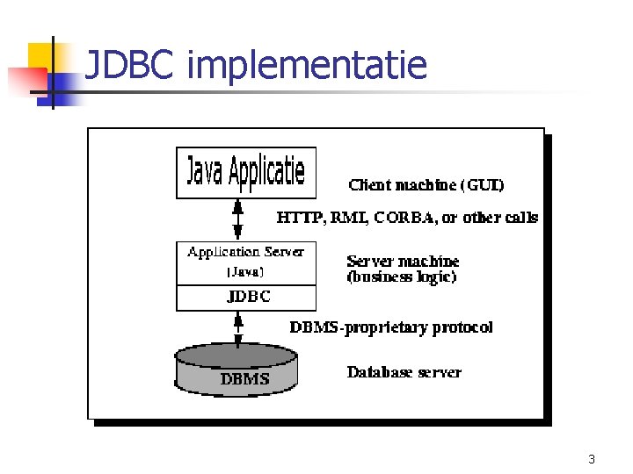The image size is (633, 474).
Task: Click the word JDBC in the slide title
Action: coord(132,65)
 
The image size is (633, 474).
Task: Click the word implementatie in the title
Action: coord(307,67)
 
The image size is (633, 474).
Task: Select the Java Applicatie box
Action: coord(245,172)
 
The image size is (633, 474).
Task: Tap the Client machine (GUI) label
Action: coord(426,185)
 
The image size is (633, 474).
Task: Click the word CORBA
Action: coord(404,217)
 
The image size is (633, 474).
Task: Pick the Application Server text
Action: coord(245,252)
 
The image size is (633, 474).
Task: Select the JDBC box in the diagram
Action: coord(248,297)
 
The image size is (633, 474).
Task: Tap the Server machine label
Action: coord(403,261)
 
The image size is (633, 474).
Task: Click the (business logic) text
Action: coord(402,276)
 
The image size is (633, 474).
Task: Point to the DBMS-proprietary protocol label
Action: coord(391,327)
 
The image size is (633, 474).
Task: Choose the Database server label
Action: coord(404,372)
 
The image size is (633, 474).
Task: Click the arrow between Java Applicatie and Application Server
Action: coord(237,219)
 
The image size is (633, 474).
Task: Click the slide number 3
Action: coord(592,459)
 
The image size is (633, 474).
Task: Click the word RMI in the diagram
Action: coord(349,217)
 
